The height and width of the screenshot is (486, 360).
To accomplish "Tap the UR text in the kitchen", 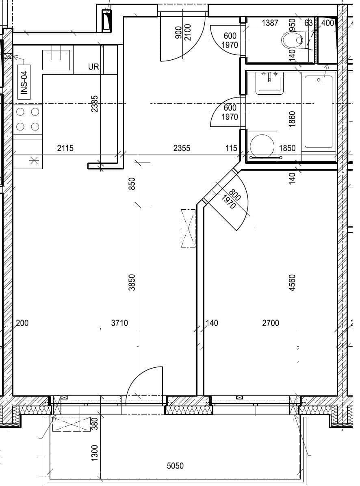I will point(93,67).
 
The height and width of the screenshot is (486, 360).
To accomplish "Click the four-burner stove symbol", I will point(28,119).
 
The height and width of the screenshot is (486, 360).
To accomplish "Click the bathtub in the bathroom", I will point(319,112).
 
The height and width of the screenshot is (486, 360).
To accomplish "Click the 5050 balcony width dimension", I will point(176,466).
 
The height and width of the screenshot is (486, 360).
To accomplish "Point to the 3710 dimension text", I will point(119,323).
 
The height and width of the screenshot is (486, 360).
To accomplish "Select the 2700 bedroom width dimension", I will point(271,323).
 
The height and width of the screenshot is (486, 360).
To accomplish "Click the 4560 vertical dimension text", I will point(292,283).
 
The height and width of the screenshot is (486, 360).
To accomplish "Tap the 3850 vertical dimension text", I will point(132,282).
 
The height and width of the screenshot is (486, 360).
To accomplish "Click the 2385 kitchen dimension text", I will point(94,104).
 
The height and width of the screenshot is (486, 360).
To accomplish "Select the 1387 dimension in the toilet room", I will point(270,23).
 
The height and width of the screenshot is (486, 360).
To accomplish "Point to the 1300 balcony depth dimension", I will point(94,452).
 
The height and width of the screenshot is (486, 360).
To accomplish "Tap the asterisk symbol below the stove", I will point(34,161).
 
